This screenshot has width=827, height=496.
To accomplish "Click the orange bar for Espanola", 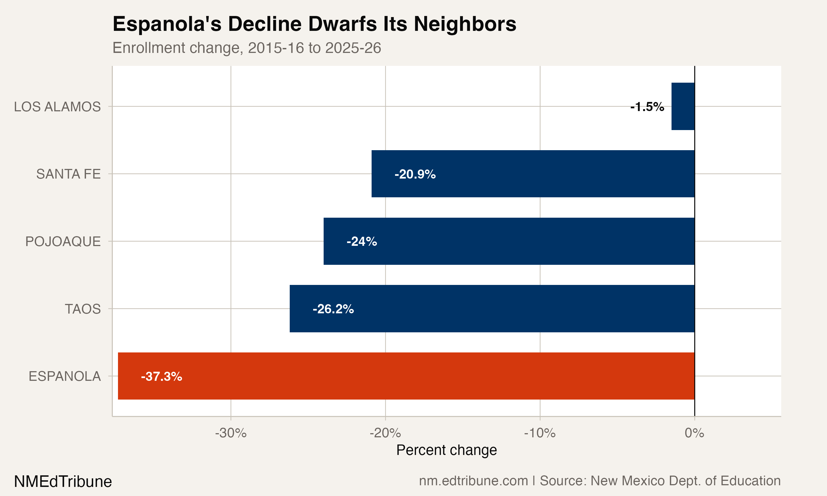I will pos(406,376).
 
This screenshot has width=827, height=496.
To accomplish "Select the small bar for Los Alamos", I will pos(683,106).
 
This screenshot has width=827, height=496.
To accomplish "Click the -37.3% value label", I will pos(162,377).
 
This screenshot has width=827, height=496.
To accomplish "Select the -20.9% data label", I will pos(415,174).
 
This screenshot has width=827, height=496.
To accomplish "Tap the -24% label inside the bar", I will pos(362,242).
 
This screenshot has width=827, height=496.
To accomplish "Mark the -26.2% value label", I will pos(333,309).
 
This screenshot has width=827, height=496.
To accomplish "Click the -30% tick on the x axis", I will pos(231,433).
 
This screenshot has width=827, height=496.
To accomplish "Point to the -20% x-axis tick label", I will pos(385,433).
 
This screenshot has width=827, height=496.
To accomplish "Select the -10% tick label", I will pos(539,433).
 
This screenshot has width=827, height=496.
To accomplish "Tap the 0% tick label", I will pos(694,433).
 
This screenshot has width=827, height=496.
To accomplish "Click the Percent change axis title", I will pos(446,450).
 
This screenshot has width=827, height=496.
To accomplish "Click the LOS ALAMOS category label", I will pos(57,107).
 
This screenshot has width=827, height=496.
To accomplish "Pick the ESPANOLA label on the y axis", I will pos(65,377).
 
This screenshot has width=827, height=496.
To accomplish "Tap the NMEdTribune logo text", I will pos(63,482).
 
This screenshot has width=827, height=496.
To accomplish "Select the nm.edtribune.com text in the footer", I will pos(473,481).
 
